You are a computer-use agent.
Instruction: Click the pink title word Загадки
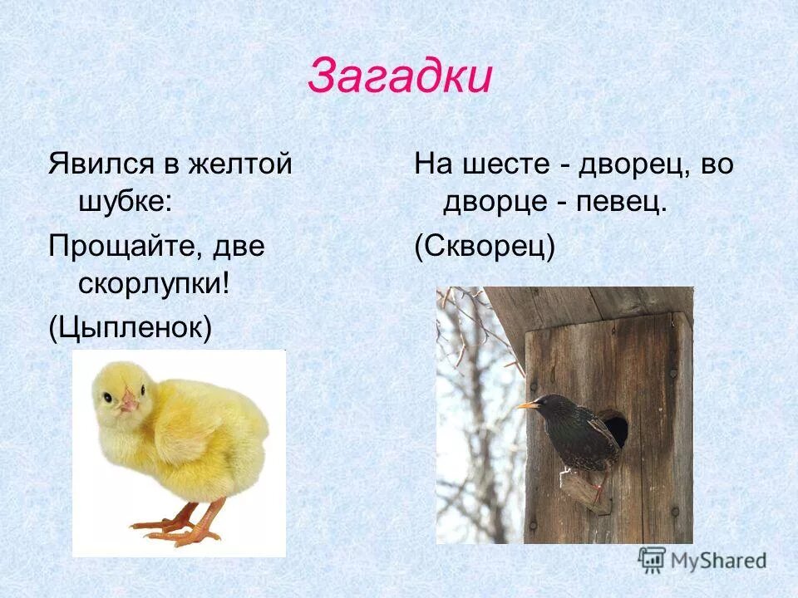(400, 78)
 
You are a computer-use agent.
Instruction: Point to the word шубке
(124, 202)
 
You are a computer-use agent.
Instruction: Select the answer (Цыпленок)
(130, 327)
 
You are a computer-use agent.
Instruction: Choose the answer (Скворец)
(485, 247)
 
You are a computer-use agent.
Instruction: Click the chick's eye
(108, 398)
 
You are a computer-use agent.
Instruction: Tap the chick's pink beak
(128, 403)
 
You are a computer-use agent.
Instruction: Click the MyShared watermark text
(717, 561)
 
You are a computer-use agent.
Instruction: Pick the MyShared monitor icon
(652, 559)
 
